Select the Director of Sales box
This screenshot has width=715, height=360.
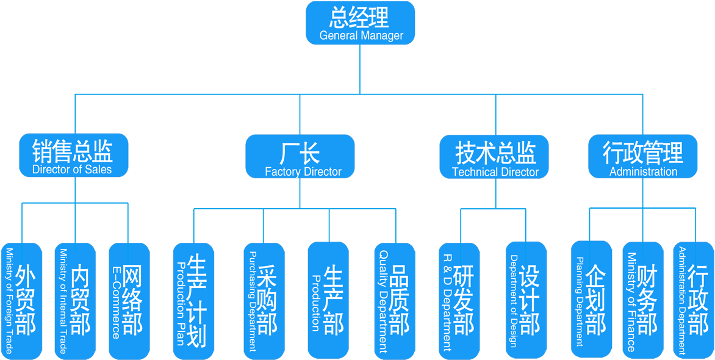click(x=73, y=156)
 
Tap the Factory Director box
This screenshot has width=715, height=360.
click(x=300, y=157)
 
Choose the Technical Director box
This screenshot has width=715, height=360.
click(x=495, y=157)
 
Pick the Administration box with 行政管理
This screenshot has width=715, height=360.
click(x=643, y=157)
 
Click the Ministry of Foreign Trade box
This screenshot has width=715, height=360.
click(x=21, y=300)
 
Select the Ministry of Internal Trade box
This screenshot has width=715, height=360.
click(x=75, y=300)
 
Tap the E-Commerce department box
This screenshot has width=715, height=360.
click(x=129, y=300)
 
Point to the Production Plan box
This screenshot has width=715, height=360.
click(x=193, y=300)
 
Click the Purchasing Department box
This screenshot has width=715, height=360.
click(x=264, y=300)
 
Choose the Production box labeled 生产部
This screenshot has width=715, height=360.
click(x=328, y=300)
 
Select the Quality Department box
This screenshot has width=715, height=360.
click(x=394, y=300)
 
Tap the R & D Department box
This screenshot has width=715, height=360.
click(x=459, y=300)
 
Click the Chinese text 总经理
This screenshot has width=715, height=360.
click(x=359, y=16)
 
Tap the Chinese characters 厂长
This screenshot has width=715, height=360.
click(x=300, y=151)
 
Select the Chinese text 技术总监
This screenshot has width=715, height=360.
click(x=495, y=151)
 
